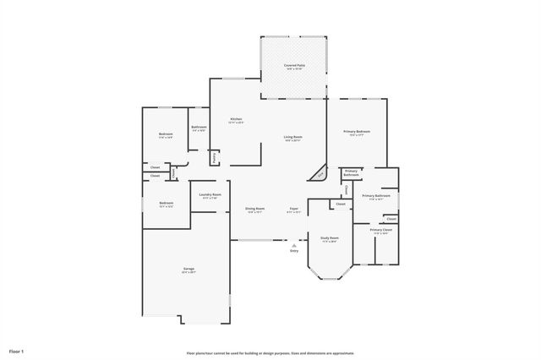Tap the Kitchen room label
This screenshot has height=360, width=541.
click(236, 119)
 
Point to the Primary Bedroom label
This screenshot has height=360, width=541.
click(357, 131)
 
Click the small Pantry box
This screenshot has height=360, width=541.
click(215, 157)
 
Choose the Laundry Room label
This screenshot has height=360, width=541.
click(210, 195)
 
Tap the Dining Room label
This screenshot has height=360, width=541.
click(255, 209)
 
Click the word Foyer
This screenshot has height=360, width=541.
click(293, 209)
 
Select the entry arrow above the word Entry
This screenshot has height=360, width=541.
click(293, 243)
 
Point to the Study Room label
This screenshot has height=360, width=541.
click(329, 237)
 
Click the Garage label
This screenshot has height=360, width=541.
click(189, 269)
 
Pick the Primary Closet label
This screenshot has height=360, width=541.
click(380, 230)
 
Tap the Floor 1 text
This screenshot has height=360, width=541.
click(17, 350)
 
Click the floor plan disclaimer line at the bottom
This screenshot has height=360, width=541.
click(270, 353)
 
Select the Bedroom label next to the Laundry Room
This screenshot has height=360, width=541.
click(167, 202)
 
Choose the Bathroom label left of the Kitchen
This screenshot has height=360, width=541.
click(199, 128)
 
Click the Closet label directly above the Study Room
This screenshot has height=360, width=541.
click(340, 204)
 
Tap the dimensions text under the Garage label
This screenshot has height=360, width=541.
click(189, 273)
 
